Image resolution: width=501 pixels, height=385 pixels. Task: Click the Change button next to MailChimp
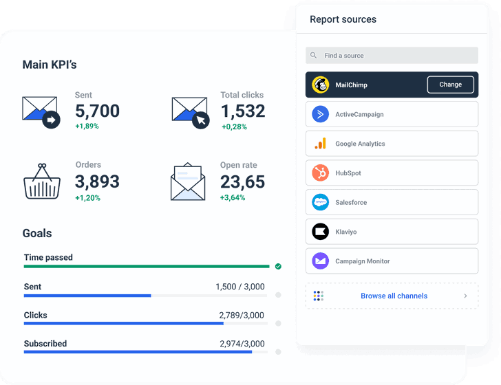(x=451, y=85)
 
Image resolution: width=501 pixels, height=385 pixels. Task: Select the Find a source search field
(x=392, y=56)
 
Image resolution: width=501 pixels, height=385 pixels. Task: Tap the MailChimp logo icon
(x=321, y=85)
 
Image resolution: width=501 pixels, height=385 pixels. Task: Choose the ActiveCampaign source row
(x=392, y=114)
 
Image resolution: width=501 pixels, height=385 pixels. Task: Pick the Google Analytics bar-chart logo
(x=321, y=144)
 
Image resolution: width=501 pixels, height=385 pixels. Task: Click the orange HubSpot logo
(x=321, y=173)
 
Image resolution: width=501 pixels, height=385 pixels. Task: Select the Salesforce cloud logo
(x=321, y=202)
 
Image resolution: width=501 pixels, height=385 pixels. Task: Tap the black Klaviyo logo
(x=321, y=232)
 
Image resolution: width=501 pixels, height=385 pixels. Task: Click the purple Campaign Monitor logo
(x=321, y=261)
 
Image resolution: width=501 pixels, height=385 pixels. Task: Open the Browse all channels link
(x=394, y=296)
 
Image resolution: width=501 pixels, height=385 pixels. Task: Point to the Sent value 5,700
(x=97, y=111)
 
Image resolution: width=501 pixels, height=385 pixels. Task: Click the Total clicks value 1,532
(x=243, y=111)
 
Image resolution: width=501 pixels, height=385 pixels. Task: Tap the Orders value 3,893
(x=97, y=181)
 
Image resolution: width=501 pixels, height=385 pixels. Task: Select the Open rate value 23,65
(x=242, y=181)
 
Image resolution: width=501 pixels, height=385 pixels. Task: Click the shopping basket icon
(x=42, y=181)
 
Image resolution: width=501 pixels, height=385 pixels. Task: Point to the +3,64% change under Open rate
(x=233, y=198)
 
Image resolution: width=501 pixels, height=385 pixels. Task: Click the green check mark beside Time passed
(x=278, y=266)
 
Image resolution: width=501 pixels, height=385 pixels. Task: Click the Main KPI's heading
(x=50, y=65)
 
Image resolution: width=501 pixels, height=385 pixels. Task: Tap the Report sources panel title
(x=343, y=19)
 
